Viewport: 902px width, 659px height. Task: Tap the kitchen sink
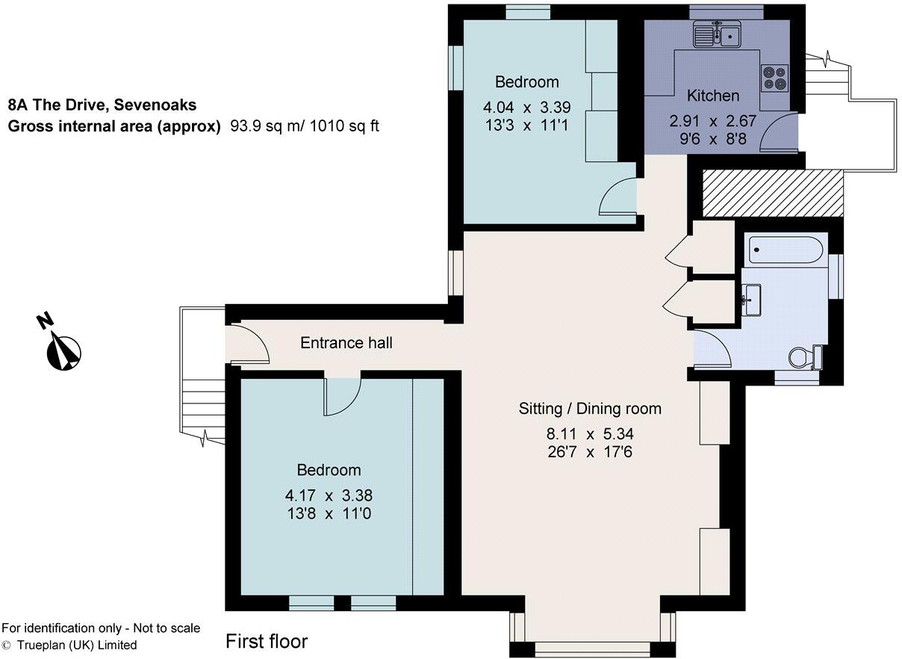[x=716, y=34]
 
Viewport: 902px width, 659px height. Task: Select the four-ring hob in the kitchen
[x=774, y=78]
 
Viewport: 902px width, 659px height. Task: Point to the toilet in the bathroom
[x=806, y=357]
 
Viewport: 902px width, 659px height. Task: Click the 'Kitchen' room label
[x=713, y=96]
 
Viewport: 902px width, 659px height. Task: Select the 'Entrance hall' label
[x=346, y=343]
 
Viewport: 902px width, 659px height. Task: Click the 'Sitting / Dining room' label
[x=590, y=409]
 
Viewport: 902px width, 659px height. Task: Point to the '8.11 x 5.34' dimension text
[x=590, y=434]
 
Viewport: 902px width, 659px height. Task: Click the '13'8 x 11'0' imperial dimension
[x=329, y=514]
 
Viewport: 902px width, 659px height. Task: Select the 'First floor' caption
[x=267, y=641]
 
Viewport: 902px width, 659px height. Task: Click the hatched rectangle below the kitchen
[x=773, y=193]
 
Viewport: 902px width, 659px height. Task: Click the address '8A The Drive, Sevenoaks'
[x=102, y=105]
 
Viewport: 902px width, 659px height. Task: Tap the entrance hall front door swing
[x=249, y=344]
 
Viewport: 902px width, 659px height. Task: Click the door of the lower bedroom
[x=343, y=396]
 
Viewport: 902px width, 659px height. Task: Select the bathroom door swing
[x=711, y=350]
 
